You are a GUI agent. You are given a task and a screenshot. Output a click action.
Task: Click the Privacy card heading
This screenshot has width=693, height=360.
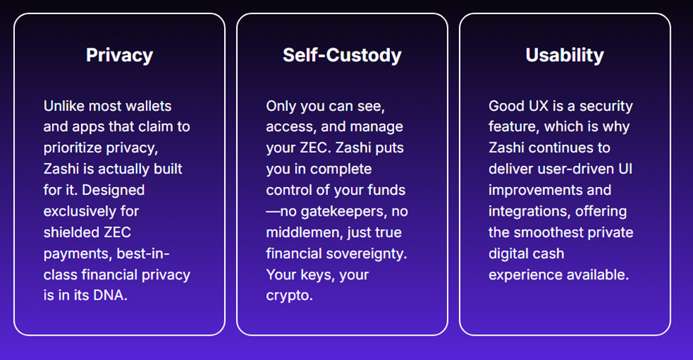click(x=120, y=55)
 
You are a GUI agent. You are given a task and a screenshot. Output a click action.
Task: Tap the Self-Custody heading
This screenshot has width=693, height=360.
click(x=342, y=55)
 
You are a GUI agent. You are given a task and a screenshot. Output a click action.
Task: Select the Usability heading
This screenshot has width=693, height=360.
click(x=565, y=55)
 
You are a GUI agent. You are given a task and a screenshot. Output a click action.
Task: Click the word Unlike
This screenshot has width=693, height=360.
click(x=63, y=106)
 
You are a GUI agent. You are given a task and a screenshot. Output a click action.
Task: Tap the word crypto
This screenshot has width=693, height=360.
click(x=290, y=295)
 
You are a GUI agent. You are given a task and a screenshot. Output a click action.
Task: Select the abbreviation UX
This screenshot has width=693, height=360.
click(x=539, y=106)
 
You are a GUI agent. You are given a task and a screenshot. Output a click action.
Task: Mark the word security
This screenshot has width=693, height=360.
click(x=606, y=107)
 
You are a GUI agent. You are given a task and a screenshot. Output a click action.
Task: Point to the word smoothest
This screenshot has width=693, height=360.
click(x=550, y=233)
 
